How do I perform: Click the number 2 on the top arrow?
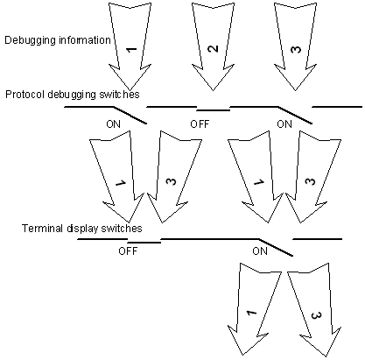tap(213, 49)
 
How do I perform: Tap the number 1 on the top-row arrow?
tap(131, 49)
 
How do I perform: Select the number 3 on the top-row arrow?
tap(296, 49)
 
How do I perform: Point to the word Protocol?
tap(25, 95)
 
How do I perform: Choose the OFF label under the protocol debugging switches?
tap(200, 124)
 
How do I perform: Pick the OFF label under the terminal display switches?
tap(128, 251)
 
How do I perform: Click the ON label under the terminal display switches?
tap(260, 251)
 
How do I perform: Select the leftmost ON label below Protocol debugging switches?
tap(113, 124)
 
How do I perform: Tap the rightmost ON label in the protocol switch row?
tap(284, 124)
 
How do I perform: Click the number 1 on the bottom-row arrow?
tap(251, 313)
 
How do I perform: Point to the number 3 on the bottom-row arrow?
tap(316, 315)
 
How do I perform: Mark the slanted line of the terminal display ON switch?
tap(276, 248)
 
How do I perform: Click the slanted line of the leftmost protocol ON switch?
tap(130, 116)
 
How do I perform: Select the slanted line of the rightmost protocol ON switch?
tap(295, 116)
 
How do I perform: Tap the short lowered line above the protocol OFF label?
tap(214, 110)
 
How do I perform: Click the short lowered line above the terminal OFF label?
tap(144, 243)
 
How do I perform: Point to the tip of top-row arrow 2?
tap(213, 90)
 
